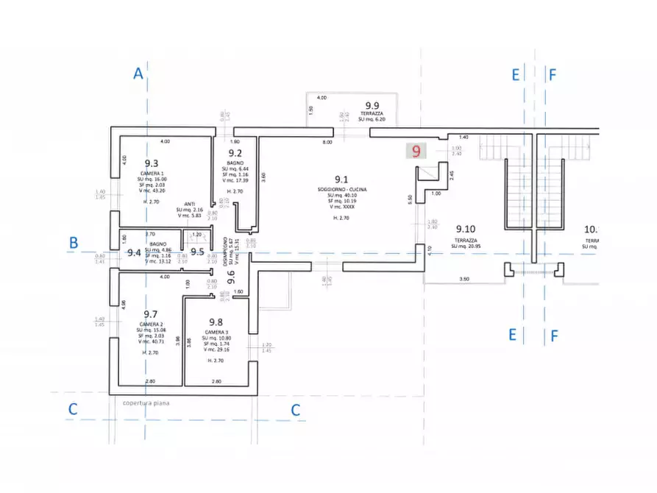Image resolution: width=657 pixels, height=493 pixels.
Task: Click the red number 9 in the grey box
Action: (x=417, y=152)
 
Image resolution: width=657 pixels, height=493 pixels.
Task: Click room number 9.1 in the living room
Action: (x=341, y=179)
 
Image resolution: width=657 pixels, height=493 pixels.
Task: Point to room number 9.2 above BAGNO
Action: (x=235, y=153)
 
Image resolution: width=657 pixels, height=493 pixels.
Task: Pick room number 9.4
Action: (x=134, y=252)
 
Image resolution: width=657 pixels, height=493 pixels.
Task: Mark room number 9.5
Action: (x=197, y=252)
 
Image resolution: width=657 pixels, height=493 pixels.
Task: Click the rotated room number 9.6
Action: (x=230, y=277)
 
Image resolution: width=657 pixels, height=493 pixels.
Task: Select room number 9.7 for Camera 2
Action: (x=152, y=314)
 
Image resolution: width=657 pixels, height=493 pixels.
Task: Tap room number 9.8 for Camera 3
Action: (x=216, y=322)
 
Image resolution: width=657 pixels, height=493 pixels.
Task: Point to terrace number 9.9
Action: (x=372, y=105)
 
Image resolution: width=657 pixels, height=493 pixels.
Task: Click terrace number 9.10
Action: (x=465, y=229)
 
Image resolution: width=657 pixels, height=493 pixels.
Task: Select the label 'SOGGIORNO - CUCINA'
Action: (x=341, y=188)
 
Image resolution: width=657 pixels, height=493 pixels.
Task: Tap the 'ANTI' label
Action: (x=189, y=204)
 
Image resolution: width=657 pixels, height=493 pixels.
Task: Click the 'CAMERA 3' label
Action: (x=216, y=333)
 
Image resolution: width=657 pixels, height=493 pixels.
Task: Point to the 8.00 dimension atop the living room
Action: (x=327, y=141)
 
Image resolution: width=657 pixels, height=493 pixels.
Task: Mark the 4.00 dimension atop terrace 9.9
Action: (x=322, y=98)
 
